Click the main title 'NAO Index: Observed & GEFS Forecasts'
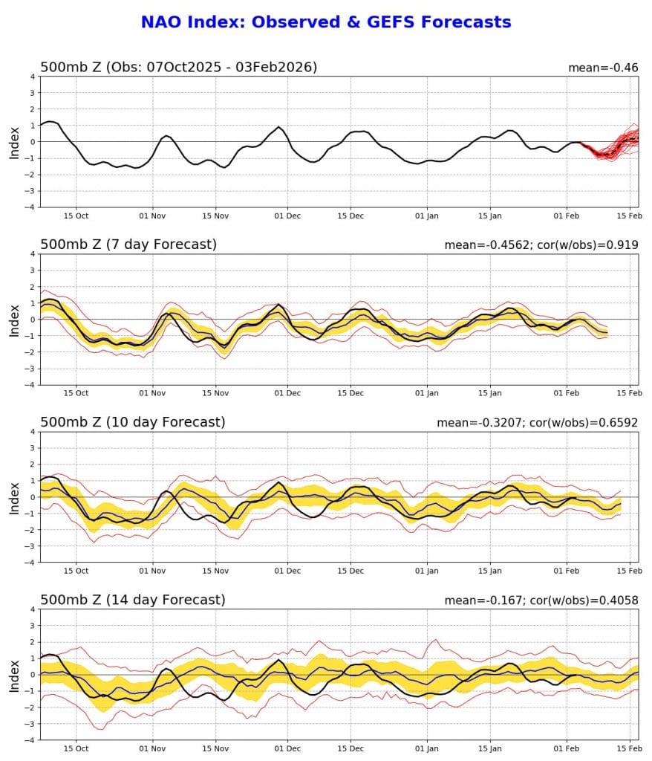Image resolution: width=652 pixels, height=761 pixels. (325, 22)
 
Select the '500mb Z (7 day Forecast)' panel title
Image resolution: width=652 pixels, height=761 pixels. (128, 245)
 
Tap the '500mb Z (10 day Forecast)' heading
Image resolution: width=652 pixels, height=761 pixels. (131, 422)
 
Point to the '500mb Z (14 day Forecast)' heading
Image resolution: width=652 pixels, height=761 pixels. (131, 600)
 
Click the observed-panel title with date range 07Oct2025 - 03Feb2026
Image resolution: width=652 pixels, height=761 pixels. (178, 68)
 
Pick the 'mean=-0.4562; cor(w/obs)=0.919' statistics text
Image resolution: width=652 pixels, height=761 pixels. (541, 245)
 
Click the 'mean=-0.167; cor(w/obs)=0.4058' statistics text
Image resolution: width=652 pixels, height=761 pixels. (541, 600)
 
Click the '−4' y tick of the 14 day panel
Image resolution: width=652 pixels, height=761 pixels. (31, 739)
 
